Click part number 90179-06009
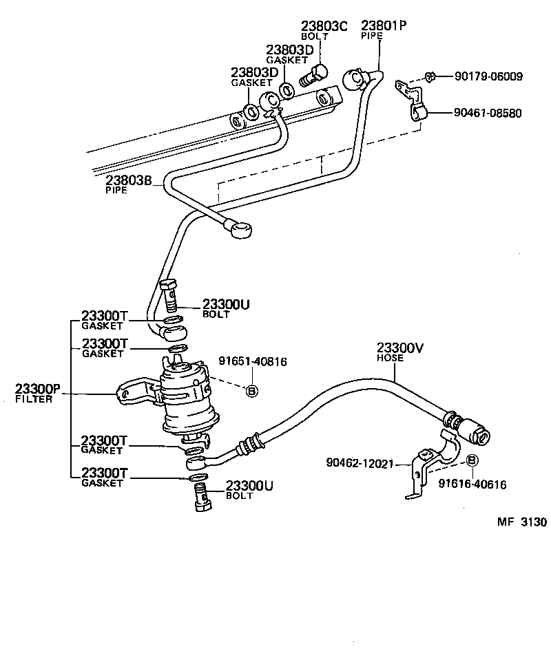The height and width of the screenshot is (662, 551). pos(488,77)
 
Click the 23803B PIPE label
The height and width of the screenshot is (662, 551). pos(128,184)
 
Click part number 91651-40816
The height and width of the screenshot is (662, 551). pos(252,361)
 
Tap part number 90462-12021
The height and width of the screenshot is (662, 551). pos(360,463)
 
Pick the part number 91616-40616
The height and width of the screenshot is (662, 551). pos(472,484)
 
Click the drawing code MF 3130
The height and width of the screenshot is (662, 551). pos(521,522)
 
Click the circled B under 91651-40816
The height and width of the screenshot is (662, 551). pos(251,391)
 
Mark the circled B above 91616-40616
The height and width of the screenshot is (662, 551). pos(472,460)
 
